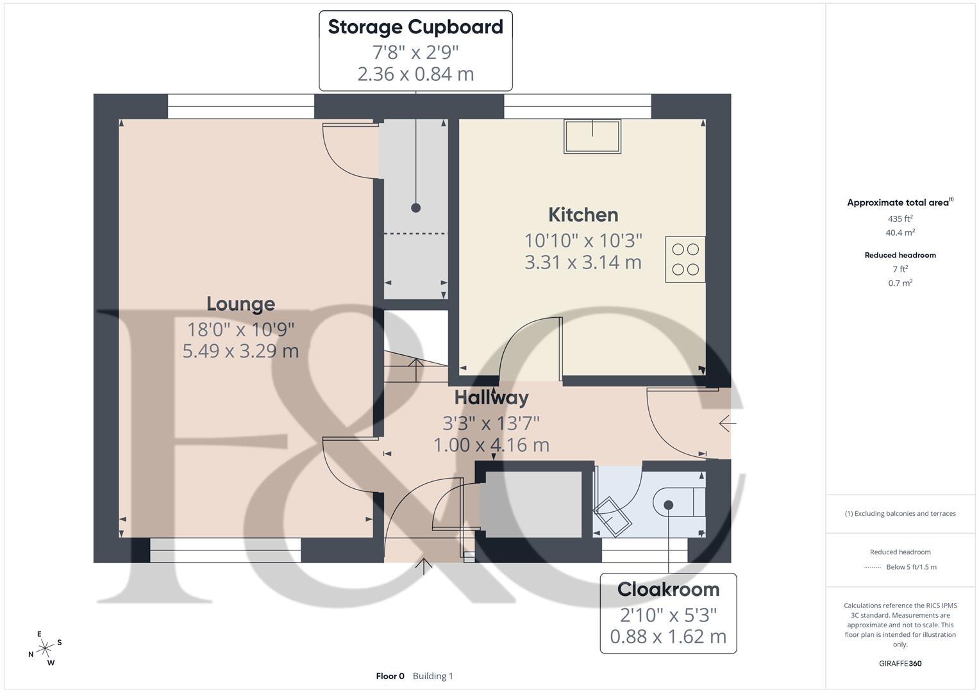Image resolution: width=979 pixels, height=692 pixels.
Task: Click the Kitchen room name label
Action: [x=583, y=215]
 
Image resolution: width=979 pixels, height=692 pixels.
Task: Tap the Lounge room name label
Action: [x=240, y=304]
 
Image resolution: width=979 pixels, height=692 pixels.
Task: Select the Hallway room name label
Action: [x=491, y=398]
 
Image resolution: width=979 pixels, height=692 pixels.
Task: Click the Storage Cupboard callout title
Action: [x=415, y=27]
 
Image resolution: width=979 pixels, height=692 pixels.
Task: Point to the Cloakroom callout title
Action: [x=668, y=589]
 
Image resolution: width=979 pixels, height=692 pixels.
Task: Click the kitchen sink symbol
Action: [x=592, y=136]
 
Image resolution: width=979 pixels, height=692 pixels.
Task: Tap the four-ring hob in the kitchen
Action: [x=685, y=259]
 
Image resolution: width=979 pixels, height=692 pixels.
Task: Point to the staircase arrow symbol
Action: [x=415, y=370]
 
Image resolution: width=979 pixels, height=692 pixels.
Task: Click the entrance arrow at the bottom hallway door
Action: [x=424, y=566]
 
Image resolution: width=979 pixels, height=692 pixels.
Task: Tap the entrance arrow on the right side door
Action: [x=727, y=424]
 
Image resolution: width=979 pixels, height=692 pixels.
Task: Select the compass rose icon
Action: [x=45, y=648]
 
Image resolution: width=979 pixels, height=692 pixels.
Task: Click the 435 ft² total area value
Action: [x=900, y=218]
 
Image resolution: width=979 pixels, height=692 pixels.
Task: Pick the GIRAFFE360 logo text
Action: [x=900, y=663]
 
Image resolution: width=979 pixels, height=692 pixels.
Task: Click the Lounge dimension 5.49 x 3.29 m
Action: [x=240, y=351]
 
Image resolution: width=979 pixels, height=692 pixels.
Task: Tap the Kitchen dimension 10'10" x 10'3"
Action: [x=583, y=241]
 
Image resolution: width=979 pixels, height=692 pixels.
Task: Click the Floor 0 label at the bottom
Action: [x=390, y=676]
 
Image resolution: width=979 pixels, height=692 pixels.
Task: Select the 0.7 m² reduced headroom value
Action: [x=900, y=283]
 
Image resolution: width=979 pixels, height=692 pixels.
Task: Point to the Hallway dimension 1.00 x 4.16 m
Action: [x=491, y=445]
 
